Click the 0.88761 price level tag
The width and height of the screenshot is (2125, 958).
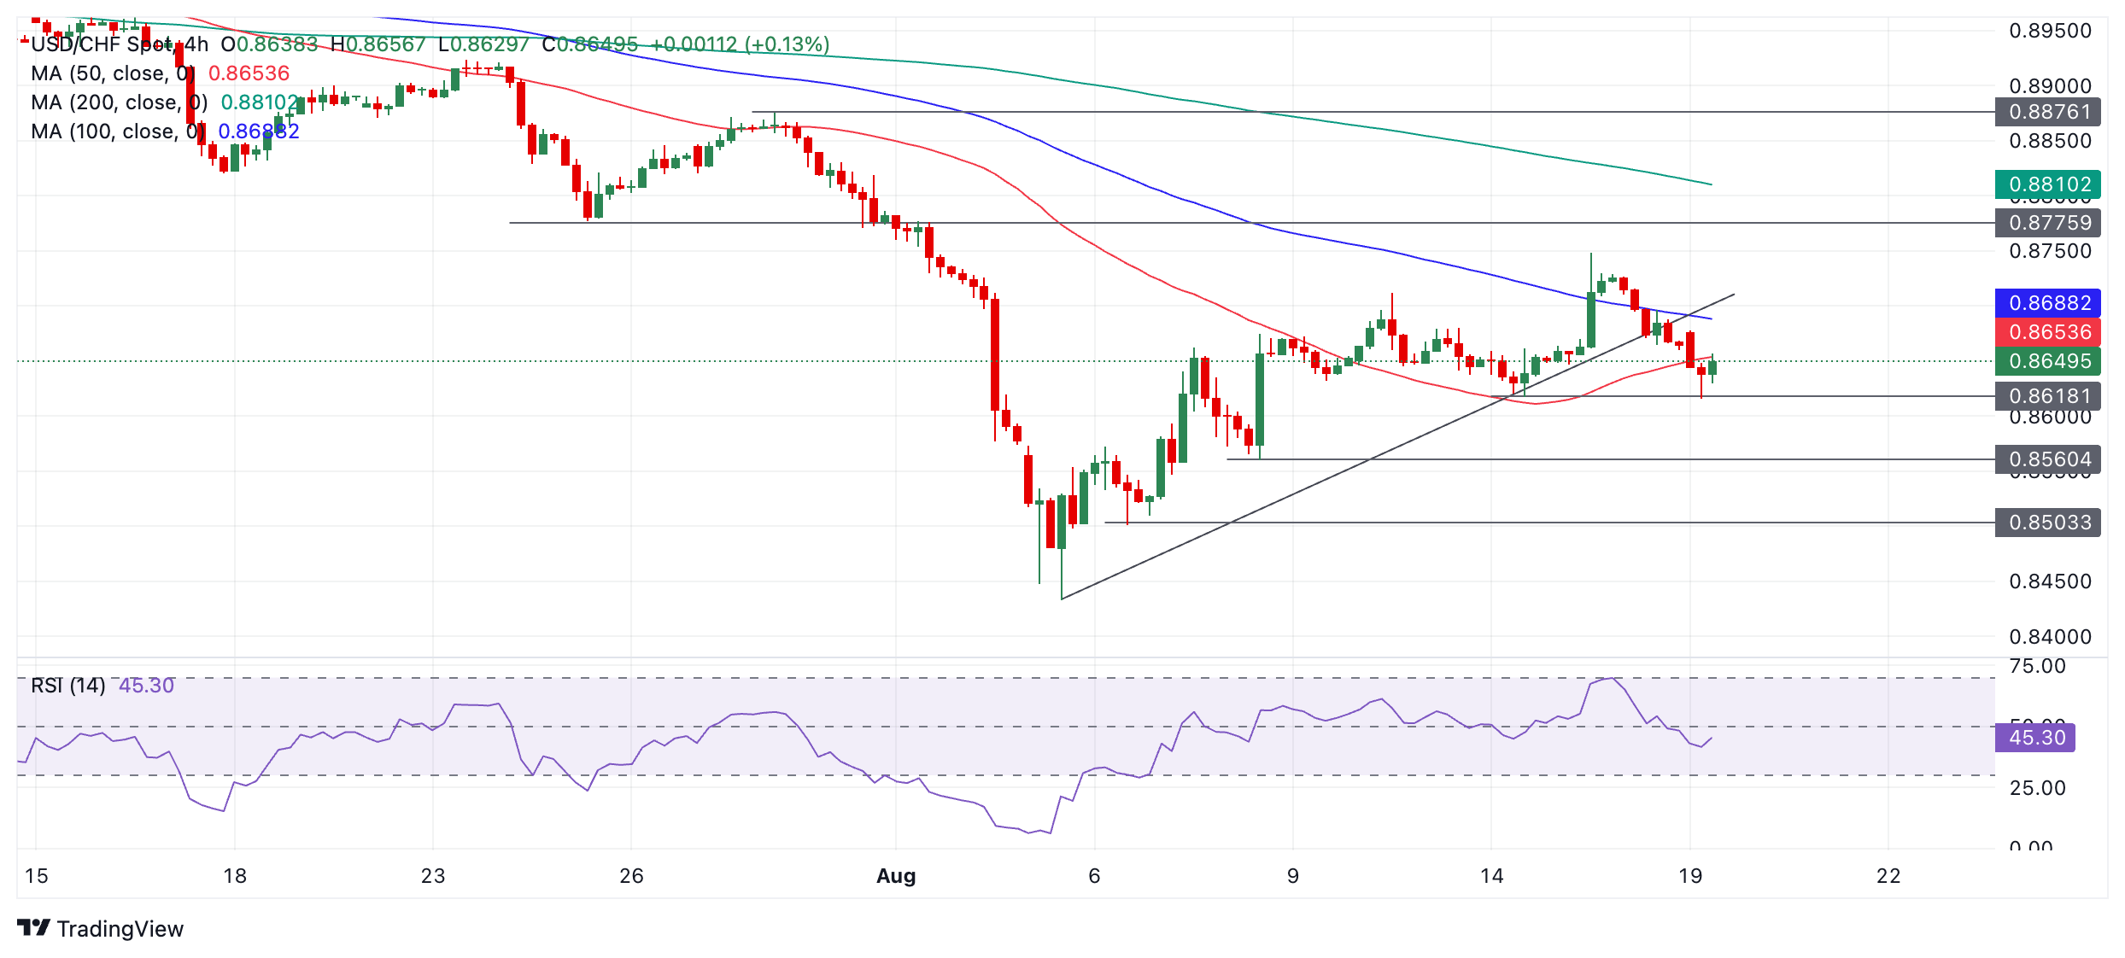[x=2048, y=112]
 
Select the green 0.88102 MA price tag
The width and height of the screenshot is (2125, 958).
[x=2048, y=184]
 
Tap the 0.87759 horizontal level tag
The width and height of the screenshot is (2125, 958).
[x=2048, y=223]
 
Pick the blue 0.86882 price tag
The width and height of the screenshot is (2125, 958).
[x=2048, y=303]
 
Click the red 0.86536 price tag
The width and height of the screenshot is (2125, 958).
[x=2048, y=332]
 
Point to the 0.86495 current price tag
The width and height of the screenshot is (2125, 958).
[x=2048, y=361]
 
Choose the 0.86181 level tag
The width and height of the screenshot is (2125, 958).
[x=2048, y=396]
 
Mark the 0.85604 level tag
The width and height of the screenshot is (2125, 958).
[x=2048, y=459]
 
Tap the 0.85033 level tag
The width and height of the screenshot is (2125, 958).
[x=2048, y=523]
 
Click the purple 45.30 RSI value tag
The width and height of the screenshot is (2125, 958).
[x=2036, y=738]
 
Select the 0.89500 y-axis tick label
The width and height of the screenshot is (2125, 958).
[x=2050, y=32]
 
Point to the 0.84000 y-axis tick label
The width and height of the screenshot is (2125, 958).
[x=2050, y=637]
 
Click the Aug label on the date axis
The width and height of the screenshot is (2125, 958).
[x=896, y=876]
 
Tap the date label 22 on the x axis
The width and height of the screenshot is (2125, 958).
[x=1888, y=876]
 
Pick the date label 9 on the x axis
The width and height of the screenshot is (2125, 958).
[x=1293, y=876]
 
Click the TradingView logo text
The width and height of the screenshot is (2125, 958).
[x=120, y=929]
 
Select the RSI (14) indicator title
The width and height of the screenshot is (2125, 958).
[x=68, y=686]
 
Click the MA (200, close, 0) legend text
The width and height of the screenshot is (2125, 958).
[x=119, y=102]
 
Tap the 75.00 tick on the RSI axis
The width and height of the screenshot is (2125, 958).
[x=2037, y=667]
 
